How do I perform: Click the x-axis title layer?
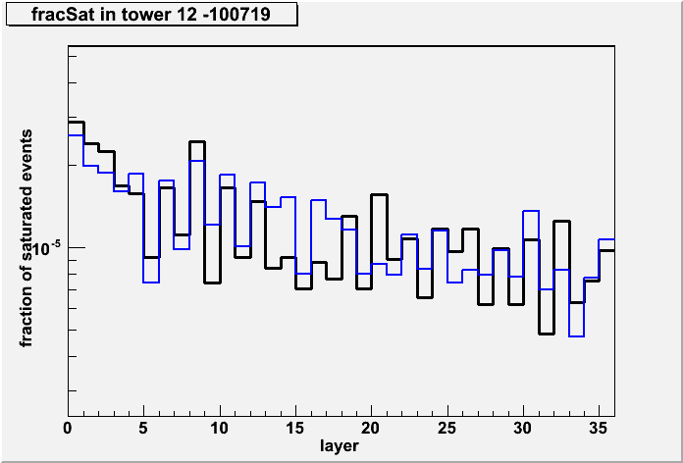point(340,445)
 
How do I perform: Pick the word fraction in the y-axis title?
point(27,318)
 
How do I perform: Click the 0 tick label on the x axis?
point(69,429)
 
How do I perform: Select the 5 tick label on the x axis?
point(144,429)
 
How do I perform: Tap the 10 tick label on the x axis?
point(220,429)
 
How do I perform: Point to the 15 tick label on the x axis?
point(295,429)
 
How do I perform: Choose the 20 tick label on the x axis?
point(372,429)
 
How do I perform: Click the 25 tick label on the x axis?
point(447,429)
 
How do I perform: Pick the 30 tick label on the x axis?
point(523,429)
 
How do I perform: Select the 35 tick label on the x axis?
point(599,429)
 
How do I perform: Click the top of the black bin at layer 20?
point(379,194)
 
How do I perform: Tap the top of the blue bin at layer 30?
point(531,211)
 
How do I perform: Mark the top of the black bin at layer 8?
point(197,141)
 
